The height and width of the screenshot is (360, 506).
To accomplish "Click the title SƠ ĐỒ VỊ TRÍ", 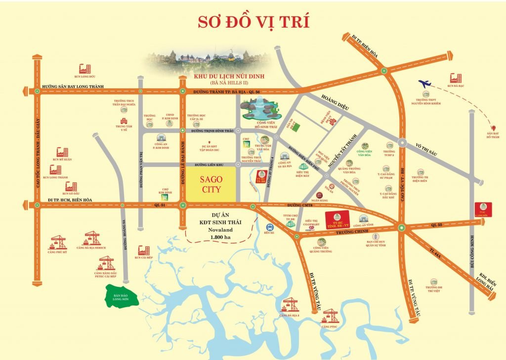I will pos(253,22).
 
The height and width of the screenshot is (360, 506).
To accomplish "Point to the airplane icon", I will pos(425,84).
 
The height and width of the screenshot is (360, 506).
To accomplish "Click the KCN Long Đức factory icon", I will pos(85,69).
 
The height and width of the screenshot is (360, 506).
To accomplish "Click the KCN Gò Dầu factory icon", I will pos(71,187).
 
